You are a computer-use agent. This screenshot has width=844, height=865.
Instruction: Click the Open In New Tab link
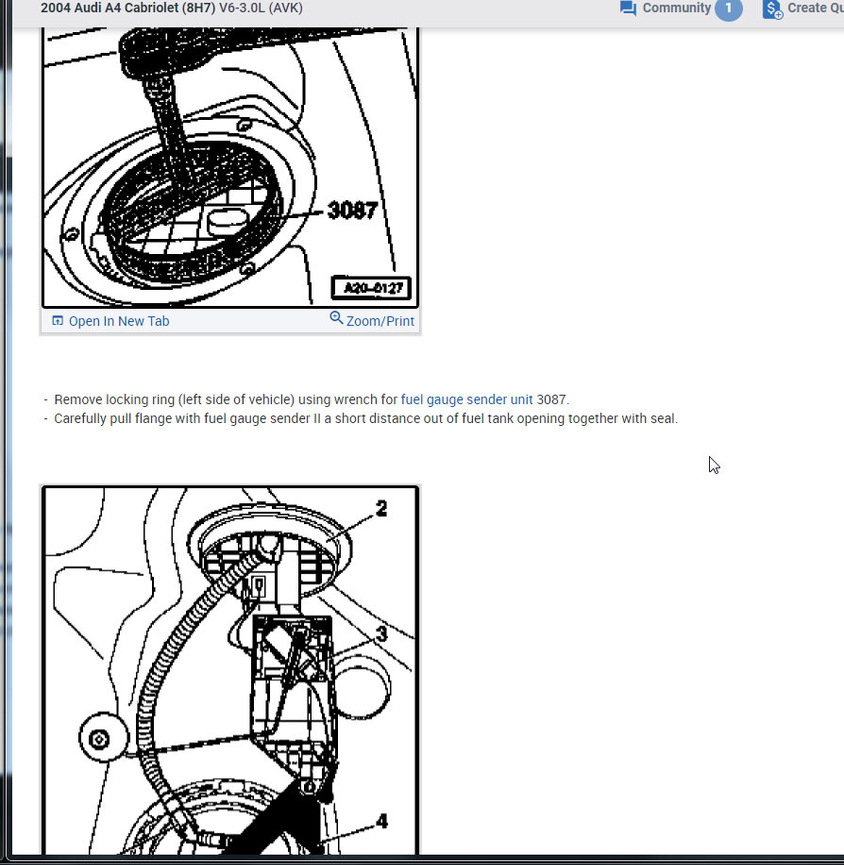point(119,321)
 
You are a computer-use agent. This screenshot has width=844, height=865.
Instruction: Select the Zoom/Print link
point(380,321)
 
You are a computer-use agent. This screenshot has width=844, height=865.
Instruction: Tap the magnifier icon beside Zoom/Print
point(336,318)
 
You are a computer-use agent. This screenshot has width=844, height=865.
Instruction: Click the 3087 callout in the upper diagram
point(352,211)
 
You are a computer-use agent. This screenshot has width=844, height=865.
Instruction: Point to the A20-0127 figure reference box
point(371,288)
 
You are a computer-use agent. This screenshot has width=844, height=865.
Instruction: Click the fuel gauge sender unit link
point(466,399)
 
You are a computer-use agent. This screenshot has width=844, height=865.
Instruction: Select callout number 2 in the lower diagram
point(381,509)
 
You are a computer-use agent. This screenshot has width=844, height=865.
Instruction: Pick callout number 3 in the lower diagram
point(381,635)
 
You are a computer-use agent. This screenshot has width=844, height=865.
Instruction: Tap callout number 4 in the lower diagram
point(381,822)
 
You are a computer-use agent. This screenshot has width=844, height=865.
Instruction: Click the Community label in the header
point(676,8)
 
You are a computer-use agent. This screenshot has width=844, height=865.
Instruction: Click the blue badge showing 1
point(728,8)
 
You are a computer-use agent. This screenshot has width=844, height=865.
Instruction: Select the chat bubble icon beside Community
point(628,8)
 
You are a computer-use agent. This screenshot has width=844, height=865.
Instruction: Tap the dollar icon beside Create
point(772,9)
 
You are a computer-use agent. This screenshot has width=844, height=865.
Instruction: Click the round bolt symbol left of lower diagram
point(99,739)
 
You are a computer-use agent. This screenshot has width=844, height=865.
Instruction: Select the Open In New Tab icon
point(58,320)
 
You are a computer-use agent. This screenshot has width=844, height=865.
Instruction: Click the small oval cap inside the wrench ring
point(227,221)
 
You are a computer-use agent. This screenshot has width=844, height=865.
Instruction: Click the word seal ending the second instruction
point(663,418)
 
